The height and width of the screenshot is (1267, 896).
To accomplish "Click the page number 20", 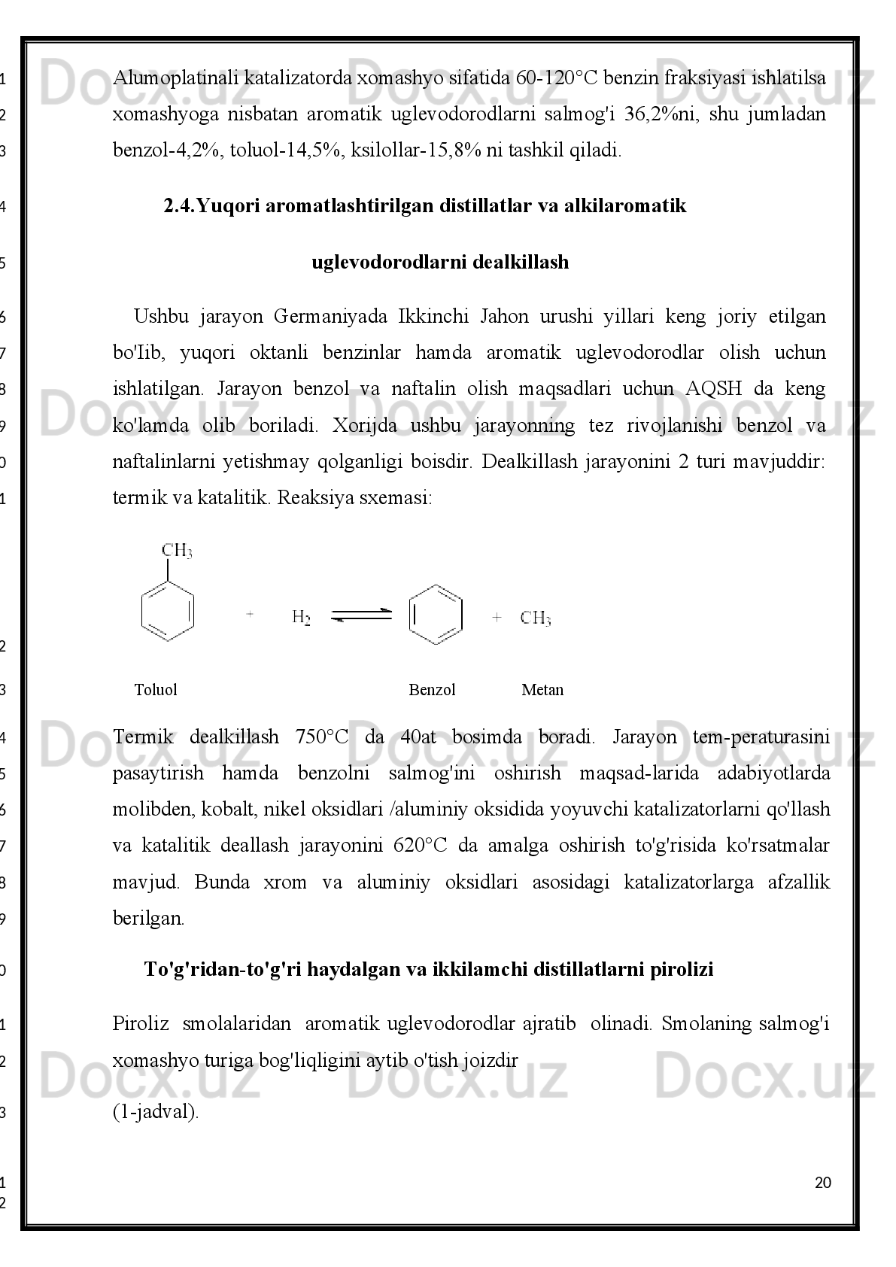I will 823,1183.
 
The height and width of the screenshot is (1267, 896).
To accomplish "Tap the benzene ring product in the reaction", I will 436,615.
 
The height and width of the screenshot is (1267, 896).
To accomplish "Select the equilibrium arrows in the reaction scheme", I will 362,615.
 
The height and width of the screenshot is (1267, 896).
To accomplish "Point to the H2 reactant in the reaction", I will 301,618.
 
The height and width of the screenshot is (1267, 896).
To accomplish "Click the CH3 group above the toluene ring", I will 177,551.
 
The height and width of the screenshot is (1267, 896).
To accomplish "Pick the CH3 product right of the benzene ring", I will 536,618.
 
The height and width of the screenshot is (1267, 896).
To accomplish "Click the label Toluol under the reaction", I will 156,690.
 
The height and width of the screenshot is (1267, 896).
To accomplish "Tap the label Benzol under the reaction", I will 432,690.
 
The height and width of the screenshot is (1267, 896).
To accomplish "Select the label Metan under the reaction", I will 542,690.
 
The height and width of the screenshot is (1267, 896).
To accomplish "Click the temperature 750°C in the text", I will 322,737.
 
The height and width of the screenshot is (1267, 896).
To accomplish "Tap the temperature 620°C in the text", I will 420,846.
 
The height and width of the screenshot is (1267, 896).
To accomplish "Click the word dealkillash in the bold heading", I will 525,262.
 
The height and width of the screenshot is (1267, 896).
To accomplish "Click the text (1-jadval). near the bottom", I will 156,1114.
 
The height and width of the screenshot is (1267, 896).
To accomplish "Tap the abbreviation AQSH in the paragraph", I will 713,389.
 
